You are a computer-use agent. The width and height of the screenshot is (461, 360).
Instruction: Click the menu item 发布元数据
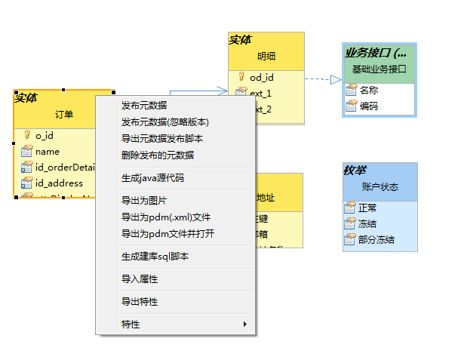tap(144, 105)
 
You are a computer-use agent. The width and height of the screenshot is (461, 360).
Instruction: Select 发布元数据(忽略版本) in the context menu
tap(164, 122)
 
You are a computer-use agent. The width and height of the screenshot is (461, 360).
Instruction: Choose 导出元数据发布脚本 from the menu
tap(161, 138)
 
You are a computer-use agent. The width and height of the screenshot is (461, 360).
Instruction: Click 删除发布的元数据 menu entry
tap(157, 155)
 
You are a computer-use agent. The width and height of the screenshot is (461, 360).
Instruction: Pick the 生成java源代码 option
tap(152, 178)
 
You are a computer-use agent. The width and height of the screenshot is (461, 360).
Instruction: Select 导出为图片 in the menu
tap(144, 200)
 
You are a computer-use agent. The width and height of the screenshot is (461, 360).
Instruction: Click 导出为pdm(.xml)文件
tap(165, 217)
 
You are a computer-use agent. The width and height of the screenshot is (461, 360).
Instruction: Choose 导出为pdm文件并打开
tap(167, 233)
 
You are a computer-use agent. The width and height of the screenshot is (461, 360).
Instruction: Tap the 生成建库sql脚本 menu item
tap(155, 256)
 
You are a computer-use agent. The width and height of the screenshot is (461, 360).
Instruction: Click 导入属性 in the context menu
tap(140, 278)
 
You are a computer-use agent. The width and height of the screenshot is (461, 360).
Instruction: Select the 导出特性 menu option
tap(140, 301)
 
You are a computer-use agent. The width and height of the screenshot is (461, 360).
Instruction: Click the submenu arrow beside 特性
tap(244, 325)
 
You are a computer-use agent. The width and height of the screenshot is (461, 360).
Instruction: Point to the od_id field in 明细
tap(262, 77)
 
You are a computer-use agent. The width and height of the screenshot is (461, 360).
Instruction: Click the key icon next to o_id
tap(26, 136)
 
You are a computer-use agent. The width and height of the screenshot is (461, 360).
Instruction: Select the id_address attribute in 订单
tap(59, 183)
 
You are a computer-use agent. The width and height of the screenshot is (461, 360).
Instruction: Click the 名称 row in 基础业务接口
tap(368, 90)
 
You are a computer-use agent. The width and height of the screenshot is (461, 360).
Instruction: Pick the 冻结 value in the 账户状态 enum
tap(368, 223)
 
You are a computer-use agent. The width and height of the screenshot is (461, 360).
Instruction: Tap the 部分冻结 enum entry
tap(376, 240)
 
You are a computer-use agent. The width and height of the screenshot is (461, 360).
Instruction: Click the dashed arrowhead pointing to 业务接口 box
tap(336, 78)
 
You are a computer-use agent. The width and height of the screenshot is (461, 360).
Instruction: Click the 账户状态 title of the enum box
tap(380, 186)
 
